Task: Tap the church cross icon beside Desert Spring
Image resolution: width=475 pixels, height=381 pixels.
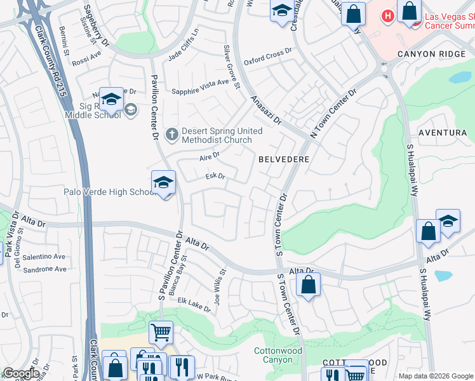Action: pos(171,134)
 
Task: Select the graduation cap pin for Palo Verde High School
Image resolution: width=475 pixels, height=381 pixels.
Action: pos(163,183)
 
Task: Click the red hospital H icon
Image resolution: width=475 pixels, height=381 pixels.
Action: pos(386,15)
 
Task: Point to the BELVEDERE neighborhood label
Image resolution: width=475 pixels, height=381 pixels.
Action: pos(283,159)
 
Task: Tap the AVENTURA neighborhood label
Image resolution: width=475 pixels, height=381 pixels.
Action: pos(443,133)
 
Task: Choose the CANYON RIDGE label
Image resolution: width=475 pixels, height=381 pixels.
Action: pos(431,55)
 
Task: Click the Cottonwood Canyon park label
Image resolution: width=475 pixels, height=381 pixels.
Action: pos(278,355)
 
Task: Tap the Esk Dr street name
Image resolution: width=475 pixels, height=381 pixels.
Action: pos(215,177)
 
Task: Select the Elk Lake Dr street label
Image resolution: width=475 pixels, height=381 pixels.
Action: pos(194,304)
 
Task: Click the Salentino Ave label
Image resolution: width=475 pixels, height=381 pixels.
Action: pos(44,257)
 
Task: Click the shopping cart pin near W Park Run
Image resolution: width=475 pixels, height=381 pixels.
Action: pos(161,331)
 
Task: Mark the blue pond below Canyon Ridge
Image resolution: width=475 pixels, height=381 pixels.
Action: pos(459,77)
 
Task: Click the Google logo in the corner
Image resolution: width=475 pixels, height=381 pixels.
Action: pos(20,373)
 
